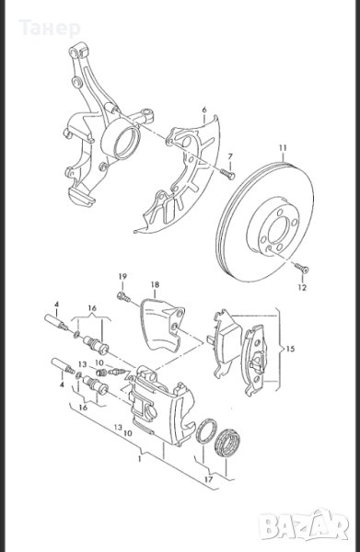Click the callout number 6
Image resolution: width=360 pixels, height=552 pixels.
(x=204, y=109)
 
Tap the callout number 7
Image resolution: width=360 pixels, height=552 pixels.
(x=230, y=156)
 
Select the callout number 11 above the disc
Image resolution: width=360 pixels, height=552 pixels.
(x=284, y=148)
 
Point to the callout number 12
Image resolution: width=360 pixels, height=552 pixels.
(x=302, y=287)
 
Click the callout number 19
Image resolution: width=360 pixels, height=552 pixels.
(x=122, y=276)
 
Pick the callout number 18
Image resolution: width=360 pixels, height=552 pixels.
(x=155, y=284)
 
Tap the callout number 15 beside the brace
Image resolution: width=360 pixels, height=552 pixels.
(x=291, y=349)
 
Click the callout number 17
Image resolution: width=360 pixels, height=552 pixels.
(x=208, y=479)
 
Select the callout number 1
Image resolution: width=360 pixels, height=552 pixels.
(x=140, y=459)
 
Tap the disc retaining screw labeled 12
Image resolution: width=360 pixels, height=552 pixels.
(x=302, y=269)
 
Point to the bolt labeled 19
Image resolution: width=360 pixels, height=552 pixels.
(x=123, y=297)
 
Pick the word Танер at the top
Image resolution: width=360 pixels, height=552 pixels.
(x=50, y=29)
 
